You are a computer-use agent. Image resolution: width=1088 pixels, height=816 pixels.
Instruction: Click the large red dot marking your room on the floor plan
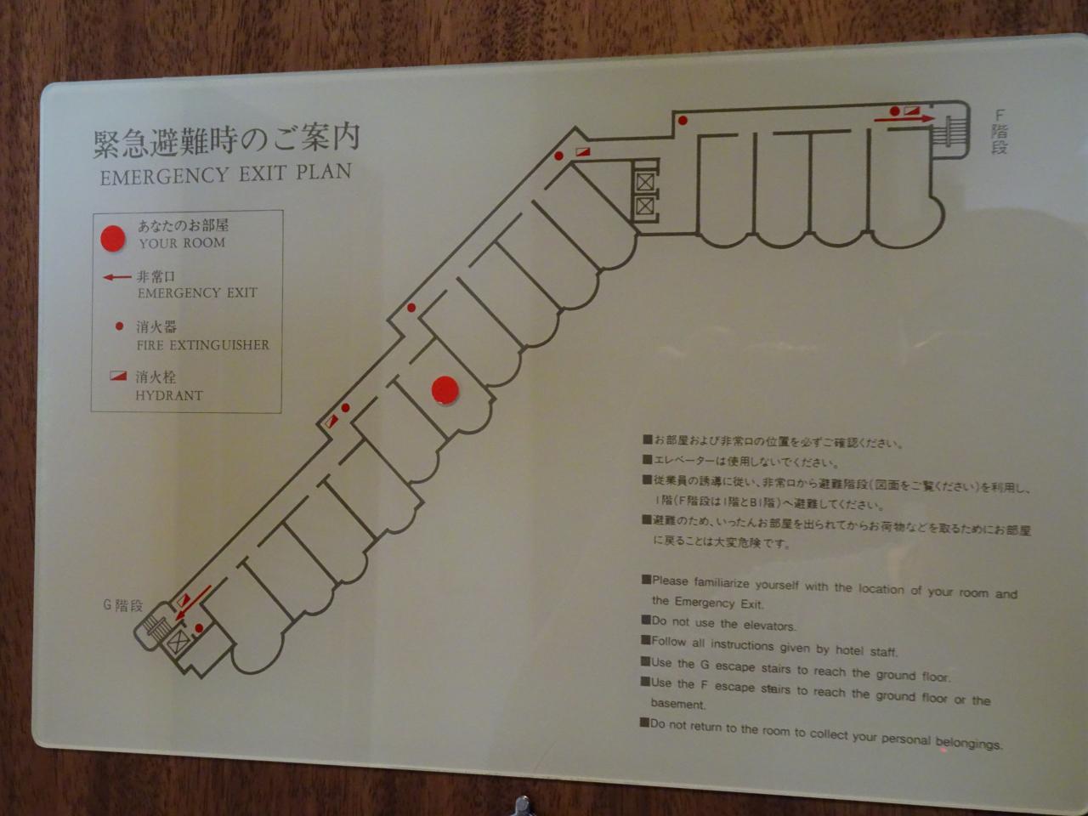click(x=445, y=390)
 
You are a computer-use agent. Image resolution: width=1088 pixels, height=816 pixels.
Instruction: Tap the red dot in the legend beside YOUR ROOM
click(x=112, y=238)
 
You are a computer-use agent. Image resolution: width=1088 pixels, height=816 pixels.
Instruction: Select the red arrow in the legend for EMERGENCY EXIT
click(x=117, y=277)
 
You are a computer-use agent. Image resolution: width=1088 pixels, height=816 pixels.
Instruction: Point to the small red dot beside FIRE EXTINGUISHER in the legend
click(x=119, y=326)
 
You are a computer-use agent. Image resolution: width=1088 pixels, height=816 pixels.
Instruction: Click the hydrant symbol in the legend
click(x=118, y=376)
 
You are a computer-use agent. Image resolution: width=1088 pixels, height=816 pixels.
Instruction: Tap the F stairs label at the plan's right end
click(x=1000, y=132)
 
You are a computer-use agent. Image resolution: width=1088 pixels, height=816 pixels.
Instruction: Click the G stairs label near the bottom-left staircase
click(x=122, y=605)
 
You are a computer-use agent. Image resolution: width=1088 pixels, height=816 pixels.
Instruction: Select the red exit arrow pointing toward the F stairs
click(x=904, y=119)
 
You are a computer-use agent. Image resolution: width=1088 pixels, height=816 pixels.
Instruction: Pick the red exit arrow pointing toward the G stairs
click(x=193, y=603)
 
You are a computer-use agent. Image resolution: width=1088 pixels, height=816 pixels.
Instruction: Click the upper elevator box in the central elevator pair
click(x=644, y=182)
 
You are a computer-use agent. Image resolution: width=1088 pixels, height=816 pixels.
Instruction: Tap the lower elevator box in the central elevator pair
click(x=644, y=206)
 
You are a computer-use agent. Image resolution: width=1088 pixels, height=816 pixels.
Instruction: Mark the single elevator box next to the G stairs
click(x=177, y=642)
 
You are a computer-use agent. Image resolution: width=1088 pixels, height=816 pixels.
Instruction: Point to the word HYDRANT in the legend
click(x=169, y=395)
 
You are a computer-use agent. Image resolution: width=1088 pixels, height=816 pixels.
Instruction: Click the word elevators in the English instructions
click(x=768, y=626)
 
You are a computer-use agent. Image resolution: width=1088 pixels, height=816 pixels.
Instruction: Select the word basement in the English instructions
click(x=677, y=704)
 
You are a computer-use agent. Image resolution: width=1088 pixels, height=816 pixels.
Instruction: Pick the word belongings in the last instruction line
click(x=969, y=743)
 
